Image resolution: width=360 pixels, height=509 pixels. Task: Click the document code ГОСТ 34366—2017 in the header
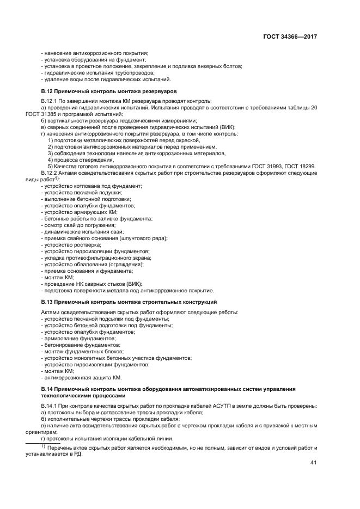[290, 36]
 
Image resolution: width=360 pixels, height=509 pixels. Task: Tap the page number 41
[313, 463]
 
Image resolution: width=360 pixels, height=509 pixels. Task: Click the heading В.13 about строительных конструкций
[129, 301]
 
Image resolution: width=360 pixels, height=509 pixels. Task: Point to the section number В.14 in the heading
[48, 389]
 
